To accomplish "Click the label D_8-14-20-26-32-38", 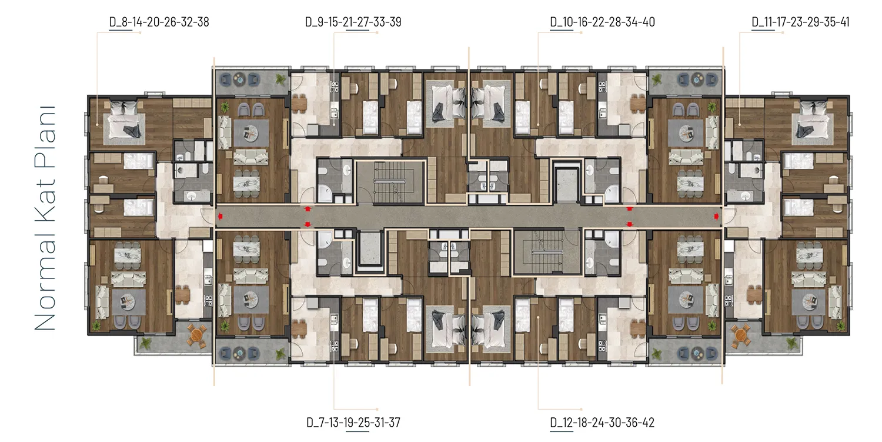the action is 159,22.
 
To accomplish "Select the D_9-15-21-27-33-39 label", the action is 353,22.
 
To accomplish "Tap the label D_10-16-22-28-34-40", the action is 603,22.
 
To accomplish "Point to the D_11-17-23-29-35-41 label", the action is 800,22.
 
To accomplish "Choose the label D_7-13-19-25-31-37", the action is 353,423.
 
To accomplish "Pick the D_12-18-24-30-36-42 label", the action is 602,423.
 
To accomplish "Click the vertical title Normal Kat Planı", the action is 45,218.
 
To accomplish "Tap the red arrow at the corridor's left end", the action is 220,216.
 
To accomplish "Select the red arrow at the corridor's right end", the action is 716,216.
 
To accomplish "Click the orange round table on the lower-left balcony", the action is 196,336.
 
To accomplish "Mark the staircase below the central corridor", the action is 547,252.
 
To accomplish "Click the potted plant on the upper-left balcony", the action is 280,79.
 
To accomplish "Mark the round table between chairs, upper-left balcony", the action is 239,80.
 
